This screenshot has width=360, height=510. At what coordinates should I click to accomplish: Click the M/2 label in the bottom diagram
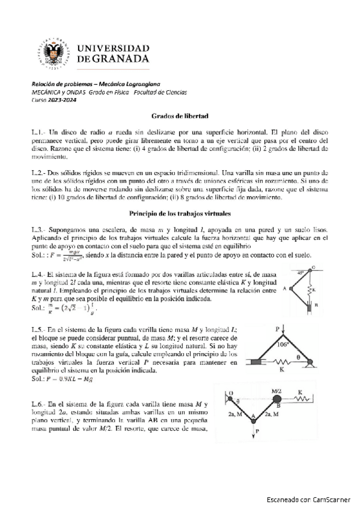click(x=277, y=390)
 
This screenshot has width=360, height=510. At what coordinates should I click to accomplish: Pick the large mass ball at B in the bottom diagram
click(x=277, y=399)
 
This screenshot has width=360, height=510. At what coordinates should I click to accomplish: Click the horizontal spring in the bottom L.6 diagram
click(x=304, y=399)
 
